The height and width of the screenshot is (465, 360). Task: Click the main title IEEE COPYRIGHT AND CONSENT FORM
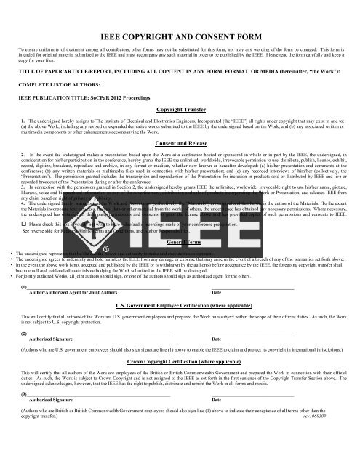[x=180, y=34]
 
